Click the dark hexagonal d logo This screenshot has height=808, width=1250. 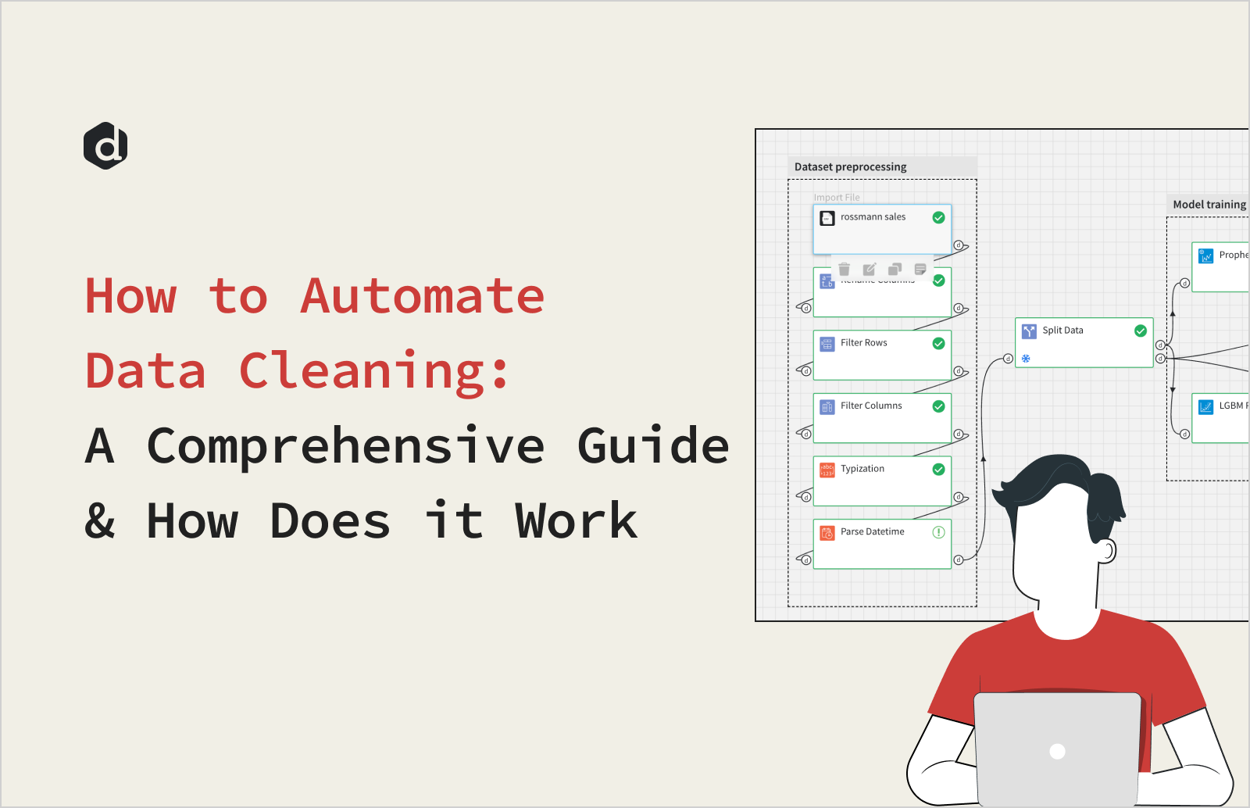[x=105, y=146]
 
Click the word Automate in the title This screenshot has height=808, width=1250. [x=422, y=297]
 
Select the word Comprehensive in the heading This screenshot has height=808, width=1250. [x=345, y=446]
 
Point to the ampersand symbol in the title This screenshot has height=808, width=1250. [x=99, y=520]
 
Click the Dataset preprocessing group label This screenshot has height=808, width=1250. [x=850, y=166]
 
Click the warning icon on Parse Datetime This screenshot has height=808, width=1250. [x=938, y=532]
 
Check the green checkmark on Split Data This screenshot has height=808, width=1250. [x=1141, y=331]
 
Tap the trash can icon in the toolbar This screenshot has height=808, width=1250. [x=844, y=270]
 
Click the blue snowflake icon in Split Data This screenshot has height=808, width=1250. [x=1026, y=359]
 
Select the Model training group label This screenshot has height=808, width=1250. [x=1209, y=205]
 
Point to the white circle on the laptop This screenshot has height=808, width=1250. [x=1058, y=752]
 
